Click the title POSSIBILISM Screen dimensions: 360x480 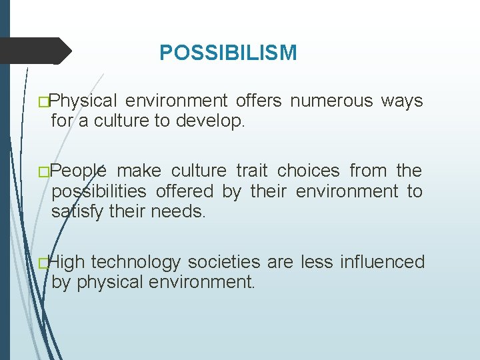pyautogui.click(x=228, y=53)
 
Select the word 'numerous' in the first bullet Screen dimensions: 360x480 pyautogui.click(x=331, y=101)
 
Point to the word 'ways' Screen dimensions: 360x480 pyautogui.click(x=401, y=101)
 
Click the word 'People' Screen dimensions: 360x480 pyautogui.click(x=79, y=171)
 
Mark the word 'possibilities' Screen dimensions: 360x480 pyautogui.click(x=100, y=191)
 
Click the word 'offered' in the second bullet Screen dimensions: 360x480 pyautogui.click(x=186, y=191)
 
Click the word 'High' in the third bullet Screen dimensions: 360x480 pyautogui.click(x=68, y=262)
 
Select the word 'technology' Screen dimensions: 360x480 pyautogui.click(x=136, y=262)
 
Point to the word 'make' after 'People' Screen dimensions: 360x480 pyautogui.click(x=138, y=171)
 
